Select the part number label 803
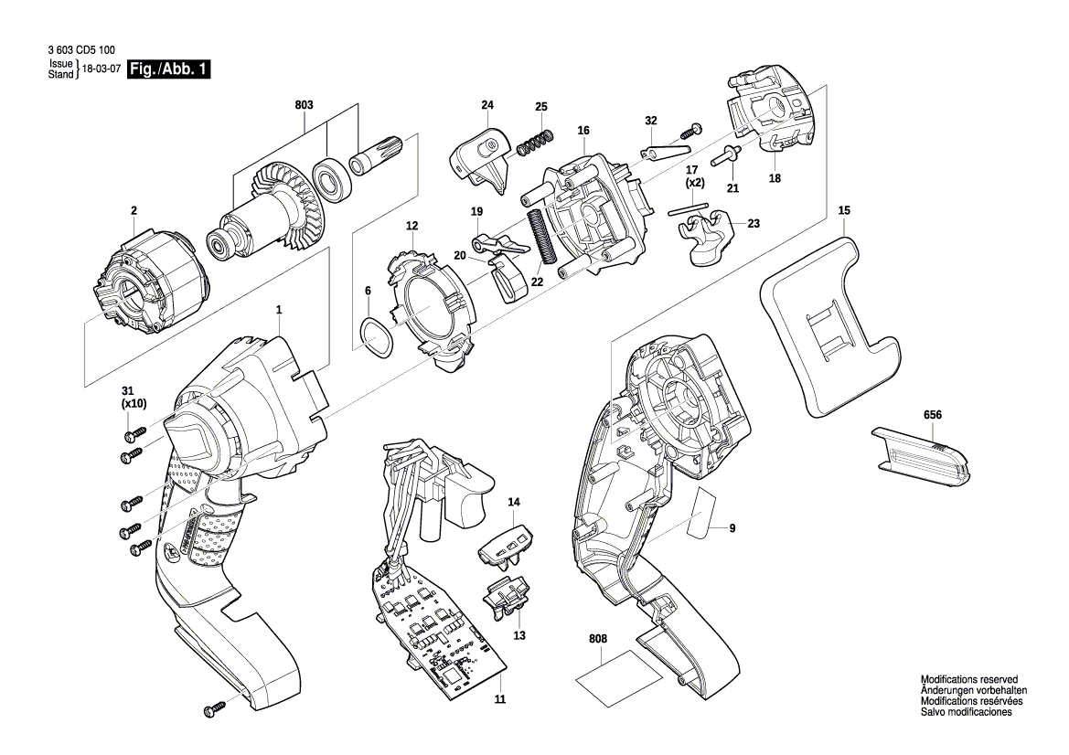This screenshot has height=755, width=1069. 304,106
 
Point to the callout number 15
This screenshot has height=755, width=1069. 844,211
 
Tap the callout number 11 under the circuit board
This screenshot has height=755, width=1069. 500,700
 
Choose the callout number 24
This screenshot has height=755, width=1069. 486,106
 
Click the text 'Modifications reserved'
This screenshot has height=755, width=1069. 968,680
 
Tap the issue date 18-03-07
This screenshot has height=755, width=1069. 102,69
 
